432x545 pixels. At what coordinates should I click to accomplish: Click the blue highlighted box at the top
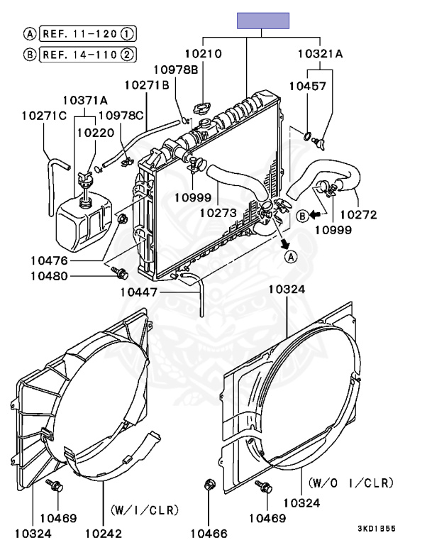(262, 21)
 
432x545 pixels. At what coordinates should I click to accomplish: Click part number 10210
(203, 53)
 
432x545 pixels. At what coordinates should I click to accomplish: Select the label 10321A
(320, 53)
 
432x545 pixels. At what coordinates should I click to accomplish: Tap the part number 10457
(308, 86)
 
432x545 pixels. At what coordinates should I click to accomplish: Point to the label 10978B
(175, 70)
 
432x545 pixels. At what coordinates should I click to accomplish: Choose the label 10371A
(85, 100)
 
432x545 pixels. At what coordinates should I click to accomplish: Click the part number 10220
(96, 133)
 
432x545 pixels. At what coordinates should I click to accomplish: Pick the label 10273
(218, 212)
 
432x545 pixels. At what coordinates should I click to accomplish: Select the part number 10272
(358, 214)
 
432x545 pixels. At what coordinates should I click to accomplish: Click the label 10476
(49, 260)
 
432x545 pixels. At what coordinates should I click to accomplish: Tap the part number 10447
(138, 292)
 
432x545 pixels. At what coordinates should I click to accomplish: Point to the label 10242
(104, 533)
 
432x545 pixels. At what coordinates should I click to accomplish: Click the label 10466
(209, 533)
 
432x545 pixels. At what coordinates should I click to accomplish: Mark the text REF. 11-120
(79, 34)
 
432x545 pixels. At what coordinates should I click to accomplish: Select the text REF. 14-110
(79, 55)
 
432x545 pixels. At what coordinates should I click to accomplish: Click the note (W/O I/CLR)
(351, 483)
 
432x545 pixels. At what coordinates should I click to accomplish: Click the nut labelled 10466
(209, 484)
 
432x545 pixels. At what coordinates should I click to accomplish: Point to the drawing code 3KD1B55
(377, 529)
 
